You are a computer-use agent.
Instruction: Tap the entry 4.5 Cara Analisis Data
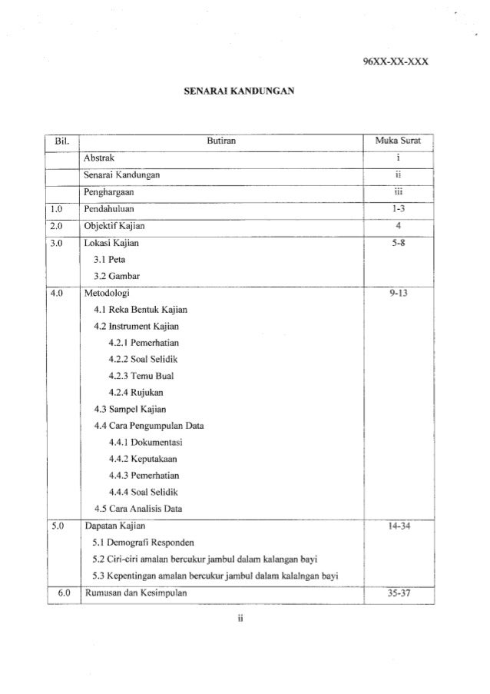click(138, 508)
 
